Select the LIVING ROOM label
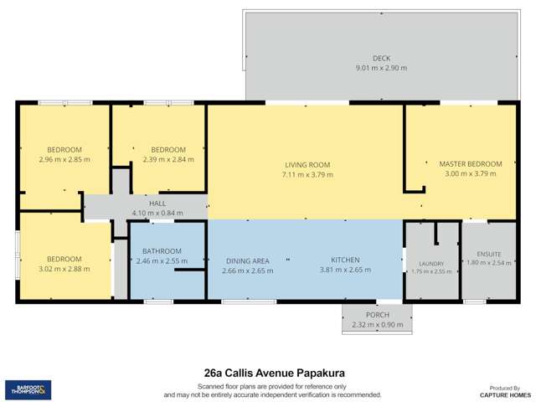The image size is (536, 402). pyautogui.click(x=307, y=164)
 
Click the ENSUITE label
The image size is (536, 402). pyautogui.click(x=487, y=252)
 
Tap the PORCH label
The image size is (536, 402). pyautogui.click(x=376, y=316)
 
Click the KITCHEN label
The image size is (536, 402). pyautogui.click(x=344, y=260)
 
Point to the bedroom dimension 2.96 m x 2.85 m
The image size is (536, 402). pyautogui.click(x=64, y=159)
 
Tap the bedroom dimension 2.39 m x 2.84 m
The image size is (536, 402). pyautogui.click(x=167, y=159)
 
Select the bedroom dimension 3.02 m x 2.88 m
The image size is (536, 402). pyautogui.click(x=64, y=270)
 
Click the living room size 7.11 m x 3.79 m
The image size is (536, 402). pyautogui.click(x=307, y=175)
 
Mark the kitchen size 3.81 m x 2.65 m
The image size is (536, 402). pyautogui.click(x=344, y=270)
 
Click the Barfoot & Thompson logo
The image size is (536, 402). pyautogui.click(x=28, y=389)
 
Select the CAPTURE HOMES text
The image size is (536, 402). pyautogui.click(x=505, y=395)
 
